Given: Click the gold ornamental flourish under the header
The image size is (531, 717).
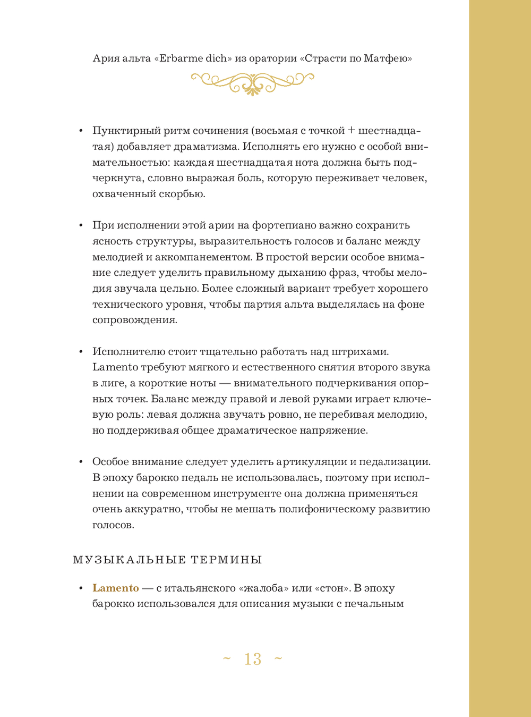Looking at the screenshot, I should coord(252,83).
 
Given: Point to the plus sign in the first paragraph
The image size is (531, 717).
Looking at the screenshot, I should coord(352,131).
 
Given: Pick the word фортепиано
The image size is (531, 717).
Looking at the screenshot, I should coord(286,225).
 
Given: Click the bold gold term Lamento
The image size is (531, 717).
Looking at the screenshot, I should coord(116,588).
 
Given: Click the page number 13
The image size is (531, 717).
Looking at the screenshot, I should coord(253,660).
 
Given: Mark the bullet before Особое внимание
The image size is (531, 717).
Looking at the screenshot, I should coord(81,462).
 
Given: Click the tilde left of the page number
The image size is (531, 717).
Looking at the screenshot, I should coord(227,659).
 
